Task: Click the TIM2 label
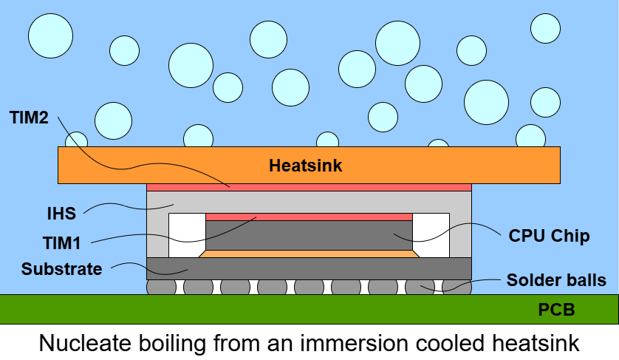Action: pyautogui.click(x=30, y=117)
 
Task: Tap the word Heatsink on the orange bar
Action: pyautogui.click(x=305, y=166)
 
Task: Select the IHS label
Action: pyautogui.click(x=61, y=214)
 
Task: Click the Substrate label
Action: pyautogui.click(x=61, y=268)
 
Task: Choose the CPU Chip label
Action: pyautogui.click(x=549, y=236)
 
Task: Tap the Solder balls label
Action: pyautogui.click(x=556, y=280)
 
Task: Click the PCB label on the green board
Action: pyautogui.click(x=556, y=310)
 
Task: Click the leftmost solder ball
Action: pyautogui.click(x=161, y=287)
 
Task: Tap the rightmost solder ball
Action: pyautogui.click(x=456, y=287)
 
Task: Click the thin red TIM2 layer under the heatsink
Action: pyautogui.click(x=309, y=187)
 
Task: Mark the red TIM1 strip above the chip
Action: pyautogui.click(x=309, y=217)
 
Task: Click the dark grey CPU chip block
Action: pyautogui.click(x=309, y=235)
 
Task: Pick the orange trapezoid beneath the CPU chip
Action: pyautogui.click(x=309, y=254)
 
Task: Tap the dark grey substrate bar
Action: pyautogui.click(x=309, y=268)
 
